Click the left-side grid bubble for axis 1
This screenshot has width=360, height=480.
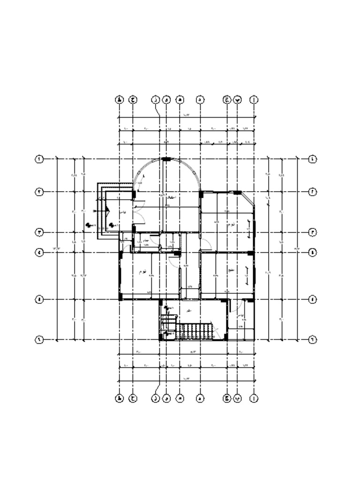[x=40, y=159]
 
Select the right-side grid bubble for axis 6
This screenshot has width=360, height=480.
[x=313, y=340]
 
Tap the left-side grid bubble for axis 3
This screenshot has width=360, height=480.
[x=40, y=232]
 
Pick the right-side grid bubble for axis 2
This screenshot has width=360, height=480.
[x=313, y=192]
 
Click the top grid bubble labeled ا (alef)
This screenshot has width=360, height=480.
[x=254, y=100]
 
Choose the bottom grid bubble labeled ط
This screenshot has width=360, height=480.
[x=120, y=398]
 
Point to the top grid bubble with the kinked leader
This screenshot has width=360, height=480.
[x=155, y=100]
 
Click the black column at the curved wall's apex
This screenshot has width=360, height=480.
[x=166, y=159]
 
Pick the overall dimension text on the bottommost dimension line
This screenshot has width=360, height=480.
[x=186, y=379]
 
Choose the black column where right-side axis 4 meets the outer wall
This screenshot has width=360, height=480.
[x=251, y=253]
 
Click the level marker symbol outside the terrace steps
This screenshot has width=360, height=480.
[x=88, y=225]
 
